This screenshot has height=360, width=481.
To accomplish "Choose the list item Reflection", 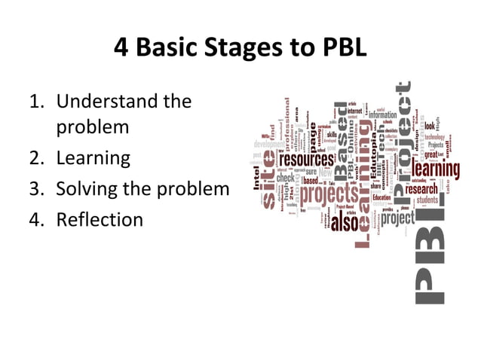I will tap(99, 219).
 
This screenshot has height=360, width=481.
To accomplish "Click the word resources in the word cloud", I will tap(306, 160).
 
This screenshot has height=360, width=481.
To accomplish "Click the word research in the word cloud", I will tap(421, 191).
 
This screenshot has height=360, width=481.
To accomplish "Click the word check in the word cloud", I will tap(286, 179).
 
